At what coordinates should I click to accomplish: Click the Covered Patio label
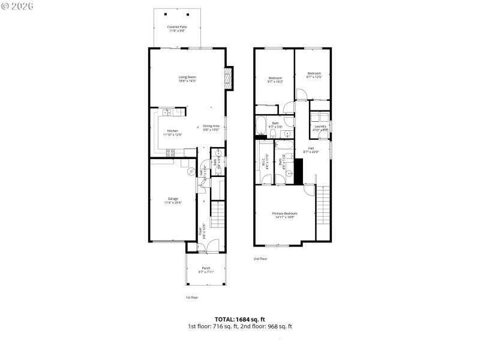(176, 28)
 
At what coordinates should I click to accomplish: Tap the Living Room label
(187, 79)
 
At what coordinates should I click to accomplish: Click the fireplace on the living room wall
(228, 77)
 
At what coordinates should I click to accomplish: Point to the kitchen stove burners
(170, 152)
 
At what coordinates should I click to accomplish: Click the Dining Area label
(211, 127)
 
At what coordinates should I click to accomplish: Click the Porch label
(206, 269)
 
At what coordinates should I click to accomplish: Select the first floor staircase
(218, 214)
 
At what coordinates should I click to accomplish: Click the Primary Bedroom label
(284, 215)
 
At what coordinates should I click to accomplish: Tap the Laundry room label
(320, 127)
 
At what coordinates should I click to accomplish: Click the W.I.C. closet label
(264, 163)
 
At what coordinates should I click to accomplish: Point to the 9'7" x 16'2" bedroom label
(275, 80)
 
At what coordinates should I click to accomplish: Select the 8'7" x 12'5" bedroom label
(314, 75)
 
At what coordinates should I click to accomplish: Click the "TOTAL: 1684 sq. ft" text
(239, 319)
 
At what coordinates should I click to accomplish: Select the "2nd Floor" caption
(260, 259)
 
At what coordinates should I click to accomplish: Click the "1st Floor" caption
(191, 298)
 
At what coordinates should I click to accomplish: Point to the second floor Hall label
(311, 149)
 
